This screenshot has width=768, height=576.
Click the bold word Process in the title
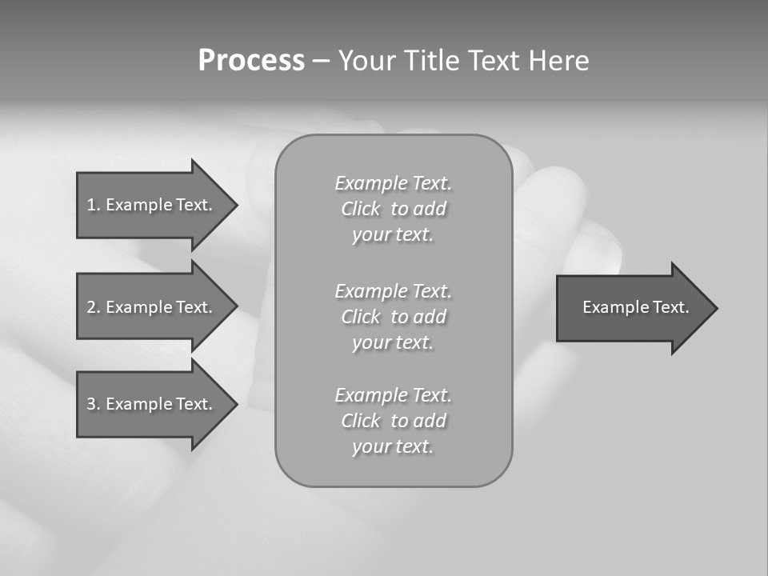point(251,61)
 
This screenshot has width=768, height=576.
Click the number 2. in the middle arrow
point(94,307)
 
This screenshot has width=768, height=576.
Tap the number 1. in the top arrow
point(94,205)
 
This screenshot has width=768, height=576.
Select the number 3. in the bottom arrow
point(94,404)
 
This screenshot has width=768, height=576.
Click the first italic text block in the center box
point(393,209)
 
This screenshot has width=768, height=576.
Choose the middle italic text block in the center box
point(393,317)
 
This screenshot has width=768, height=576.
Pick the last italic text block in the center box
point(393,421)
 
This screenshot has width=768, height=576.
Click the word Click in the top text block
point(361,210)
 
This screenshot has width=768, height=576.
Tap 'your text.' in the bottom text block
point(393,446)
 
